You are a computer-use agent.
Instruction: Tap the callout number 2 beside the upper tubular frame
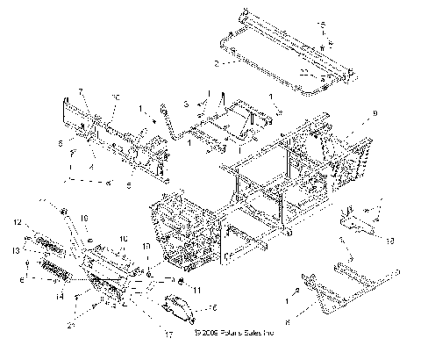[x=217, y=63]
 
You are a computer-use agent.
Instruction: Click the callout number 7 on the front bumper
[x=80, y=91]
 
